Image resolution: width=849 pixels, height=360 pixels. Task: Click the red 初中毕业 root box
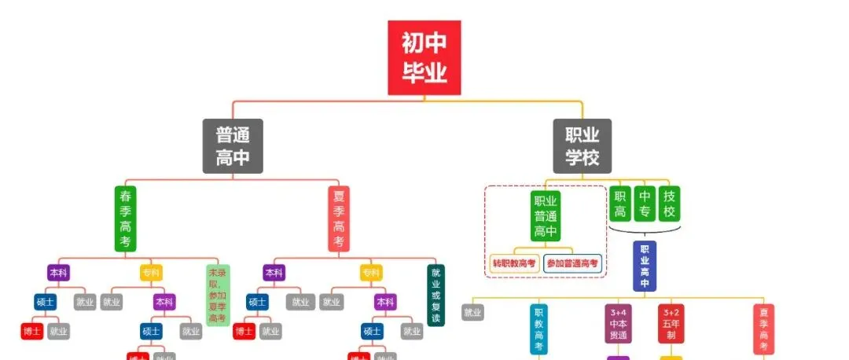(424, 57)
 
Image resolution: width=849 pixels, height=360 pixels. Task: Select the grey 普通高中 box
(233, 146)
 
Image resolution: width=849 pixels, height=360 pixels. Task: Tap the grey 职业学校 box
(582, 146)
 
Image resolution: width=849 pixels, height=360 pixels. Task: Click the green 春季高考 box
(126, 219)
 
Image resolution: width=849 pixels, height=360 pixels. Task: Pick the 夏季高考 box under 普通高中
(339, 219)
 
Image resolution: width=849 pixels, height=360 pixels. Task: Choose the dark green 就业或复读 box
(436, 295)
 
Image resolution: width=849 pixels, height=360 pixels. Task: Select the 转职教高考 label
(514, 263)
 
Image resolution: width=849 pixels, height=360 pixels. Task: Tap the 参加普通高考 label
(572, 263)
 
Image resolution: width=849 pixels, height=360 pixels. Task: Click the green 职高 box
(620, 204)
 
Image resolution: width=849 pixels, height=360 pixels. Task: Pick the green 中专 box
(645, 204)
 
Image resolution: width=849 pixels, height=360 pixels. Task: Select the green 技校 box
(669, 204)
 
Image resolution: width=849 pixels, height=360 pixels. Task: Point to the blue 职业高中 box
(645, 266)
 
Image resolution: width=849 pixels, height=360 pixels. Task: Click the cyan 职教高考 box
(538, 329)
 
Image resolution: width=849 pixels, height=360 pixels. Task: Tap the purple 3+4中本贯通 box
(619, 323)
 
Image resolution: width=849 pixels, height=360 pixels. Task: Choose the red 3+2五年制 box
(671, 323)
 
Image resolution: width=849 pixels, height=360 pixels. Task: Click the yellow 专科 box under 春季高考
(151, 273)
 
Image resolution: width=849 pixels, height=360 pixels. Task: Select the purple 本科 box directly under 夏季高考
(274, 273)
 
